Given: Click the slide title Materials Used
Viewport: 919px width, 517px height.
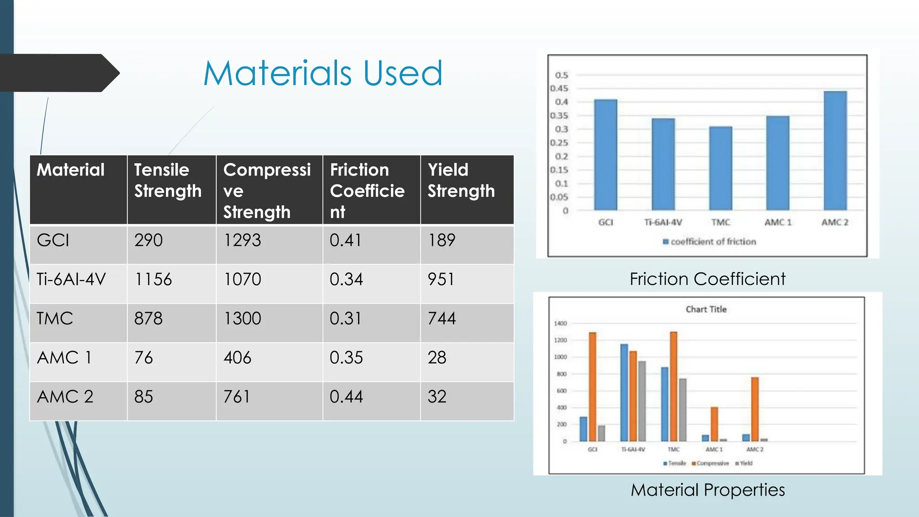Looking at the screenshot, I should click(323, 73).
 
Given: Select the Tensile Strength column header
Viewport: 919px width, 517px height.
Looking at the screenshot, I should click(168, 180).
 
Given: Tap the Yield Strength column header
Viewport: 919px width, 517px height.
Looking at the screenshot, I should click(461, 180).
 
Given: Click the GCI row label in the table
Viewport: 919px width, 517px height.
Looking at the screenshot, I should click(53, 241).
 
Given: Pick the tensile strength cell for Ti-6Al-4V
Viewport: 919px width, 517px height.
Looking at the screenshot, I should click(153, 280).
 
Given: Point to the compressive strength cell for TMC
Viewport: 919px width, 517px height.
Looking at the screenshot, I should click(242, 319).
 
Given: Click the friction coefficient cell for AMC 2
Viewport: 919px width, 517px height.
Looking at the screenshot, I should click(346, 397).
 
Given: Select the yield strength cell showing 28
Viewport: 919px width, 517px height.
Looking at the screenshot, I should click(437, 358).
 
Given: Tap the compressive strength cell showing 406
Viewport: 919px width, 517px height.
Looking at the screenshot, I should click(237, 358).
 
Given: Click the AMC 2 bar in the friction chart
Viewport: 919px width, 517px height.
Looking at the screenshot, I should click(835, 151).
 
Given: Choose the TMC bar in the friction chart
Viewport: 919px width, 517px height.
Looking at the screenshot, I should click(721, 168).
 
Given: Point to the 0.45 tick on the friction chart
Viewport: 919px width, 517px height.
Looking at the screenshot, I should click(560, 88).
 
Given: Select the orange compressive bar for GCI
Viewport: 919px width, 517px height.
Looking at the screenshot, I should click(592, 386).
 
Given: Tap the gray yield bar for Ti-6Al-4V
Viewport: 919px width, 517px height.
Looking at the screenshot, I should click(642, 401).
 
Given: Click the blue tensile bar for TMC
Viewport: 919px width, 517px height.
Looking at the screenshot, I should click(665, 404).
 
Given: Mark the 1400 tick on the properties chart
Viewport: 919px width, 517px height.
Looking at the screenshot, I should click(560, 323).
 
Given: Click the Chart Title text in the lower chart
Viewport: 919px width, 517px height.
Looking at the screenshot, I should click(706, 309).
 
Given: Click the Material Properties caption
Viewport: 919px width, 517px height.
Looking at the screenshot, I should click(708, 490).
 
